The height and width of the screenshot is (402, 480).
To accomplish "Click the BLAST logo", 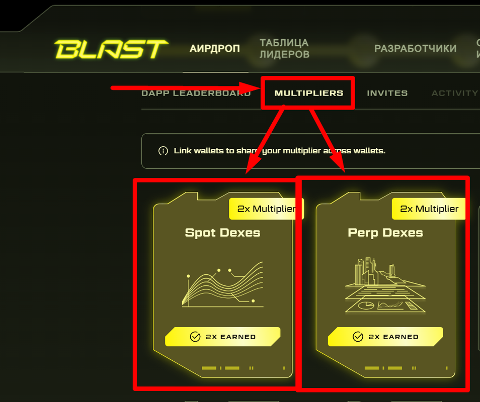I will click(111, 49).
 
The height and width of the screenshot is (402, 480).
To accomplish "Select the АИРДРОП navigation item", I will click(215, 49).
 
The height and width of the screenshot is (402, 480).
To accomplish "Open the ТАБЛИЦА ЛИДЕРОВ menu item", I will click(284, 49).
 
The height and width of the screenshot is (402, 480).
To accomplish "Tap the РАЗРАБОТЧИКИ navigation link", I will click(415, 49).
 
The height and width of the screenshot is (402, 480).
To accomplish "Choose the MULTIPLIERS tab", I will click(308, 93).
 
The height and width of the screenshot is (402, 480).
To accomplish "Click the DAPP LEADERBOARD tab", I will click(196, 93).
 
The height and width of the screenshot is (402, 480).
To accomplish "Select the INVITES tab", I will click(387, 93).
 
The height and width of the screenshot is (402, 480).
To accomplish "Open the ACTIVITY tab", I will click(454, 93).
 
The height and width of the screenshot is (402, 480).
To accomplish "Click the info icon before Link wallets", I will click(163, 151).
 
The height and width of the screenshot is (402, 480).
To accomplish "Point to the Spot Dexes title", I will click(222, 233).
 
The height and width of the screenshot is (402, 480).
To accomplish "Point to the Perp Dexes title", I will click(385, 233).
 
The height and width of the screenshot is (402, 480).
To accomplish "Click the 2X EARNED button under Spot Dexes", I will click(222, 337).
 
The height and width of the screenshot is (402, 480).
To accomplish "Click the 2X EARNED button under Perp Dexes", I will click(385, 337).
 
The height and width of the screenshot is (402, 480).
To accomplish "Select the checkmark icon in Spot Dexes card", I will click(195, 337).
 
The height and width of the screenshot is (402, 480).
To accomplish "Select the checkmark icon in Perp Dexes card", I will click(358, 337).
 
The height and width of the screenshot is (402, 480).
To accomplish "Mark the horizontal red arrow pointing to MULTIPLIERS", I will click(181, 89).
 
